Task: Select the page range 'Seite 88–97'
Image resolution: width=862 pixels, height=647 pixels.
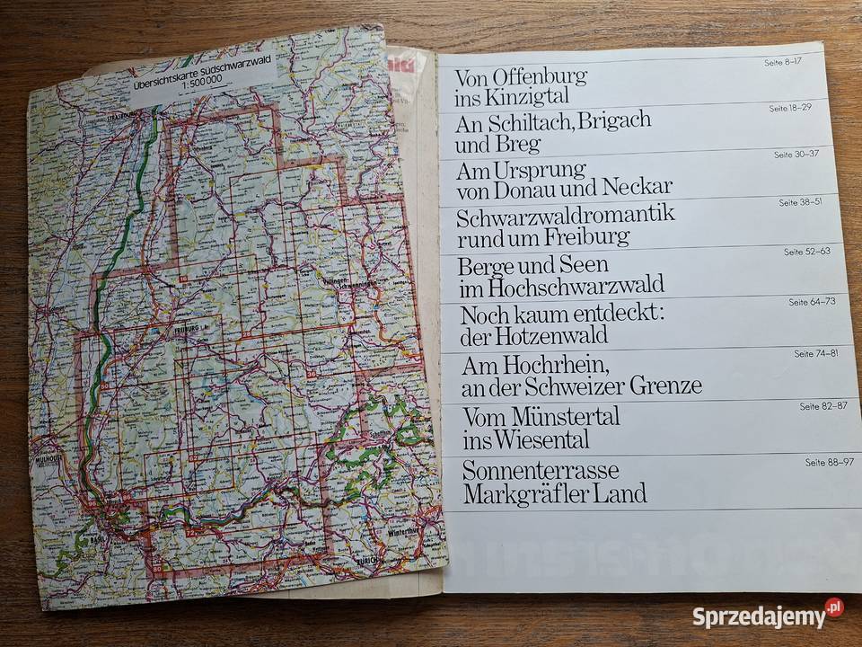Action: tap(829, 463)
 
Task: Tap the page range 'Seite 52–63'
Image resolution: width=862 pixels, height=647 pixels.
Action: tap(806, 252)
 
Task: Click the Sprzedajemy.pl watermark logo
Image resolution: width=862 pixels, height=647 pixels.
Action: tap(767, 617)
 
